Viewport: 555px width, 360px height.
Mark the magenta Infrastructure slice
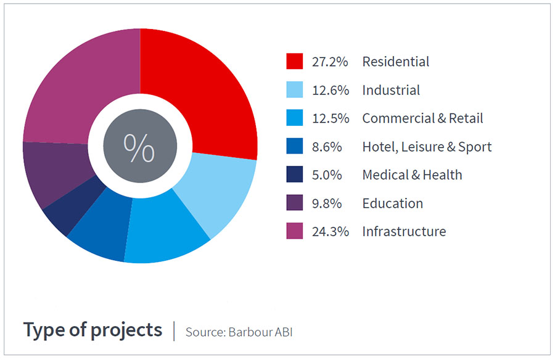click(80, 86)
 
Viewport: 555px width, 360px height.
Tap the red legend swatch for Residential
click(295, 62)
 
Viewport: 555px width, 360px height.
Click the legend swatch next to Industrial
click(295, 90)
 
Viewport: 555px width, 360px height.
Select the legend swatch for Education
click(295, 203)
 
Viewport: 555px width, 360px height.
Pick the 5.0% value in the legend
click(327, 175)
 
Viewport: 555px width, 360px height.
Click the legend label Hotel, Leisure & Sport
click(427, 147)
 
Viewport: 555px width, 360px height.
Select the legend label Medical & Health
click(412, 175)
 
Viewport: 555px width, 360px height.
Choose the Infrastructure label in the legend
click(404, 232)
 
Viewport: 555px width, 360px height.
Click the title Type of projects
click(92, 330)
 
